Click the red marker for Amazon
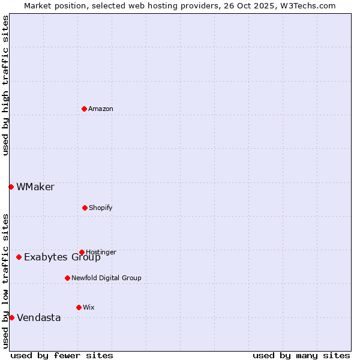pyautogui.click(x=84, y=109)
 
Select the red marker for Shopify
pyautogui.click(x=85, y=208)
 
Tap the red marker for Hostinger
pyautogui.click(x=82, y=252)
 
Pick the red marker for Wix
pyautogui.click(x=79, y=307)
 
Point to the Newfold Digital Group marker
pyautogui.click(x=67, y=278)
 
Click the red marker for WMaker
pyautogui.click(x=11, y=187)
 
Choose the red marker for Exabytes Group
pyautogui.click(x=19, y=257)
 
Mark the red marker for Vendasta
pyautogui.click(x=11, y=317)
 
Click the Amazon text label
pyautogui.click(x=101, y=109)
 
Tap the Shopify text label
pyautogui.click(x=101, y=208)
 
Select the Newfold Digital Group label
pyautogui.click(x=106, y=278)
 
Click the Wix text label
pyautogui.click(x=89, y=307)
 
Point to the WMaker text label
pyautogui.click(x=35, y=187)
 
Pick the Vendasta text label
pyautogui.click(x=39, y=317)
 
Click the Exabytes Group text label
pyautogui.click(x=62, y=257)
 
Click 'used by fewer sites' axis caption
pyautogui.click(x=62, y=355)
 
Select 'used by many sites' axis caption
pyautogui.click(x=301, y=355)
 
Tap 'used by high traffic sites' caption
pyautogui.click(x=5, y=85)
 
